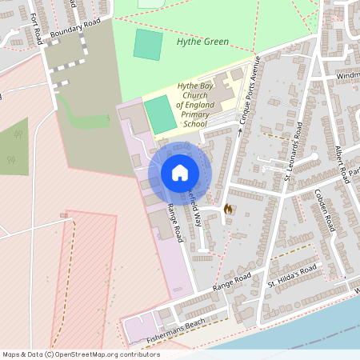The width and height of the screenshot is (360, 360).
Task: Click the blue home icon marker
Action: [x=179, y=173]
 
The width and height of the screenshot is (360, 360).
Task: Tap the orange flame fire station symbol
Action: [x=227, y=209]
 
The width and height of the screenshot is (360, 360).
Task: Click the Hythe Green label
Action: [x=202, y=42]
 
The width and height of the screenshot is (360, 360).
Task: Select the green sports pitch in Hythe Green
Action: [x=147, y=45]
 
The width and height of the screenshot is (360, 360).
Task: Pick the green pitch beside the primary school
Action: [x=161, y=115]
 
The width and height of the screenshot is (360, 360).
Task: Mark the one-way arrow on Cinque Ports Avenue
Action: [x=239, y=128]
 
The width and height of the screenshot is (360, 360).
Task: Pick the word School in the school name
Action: [x=194, y=124]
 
